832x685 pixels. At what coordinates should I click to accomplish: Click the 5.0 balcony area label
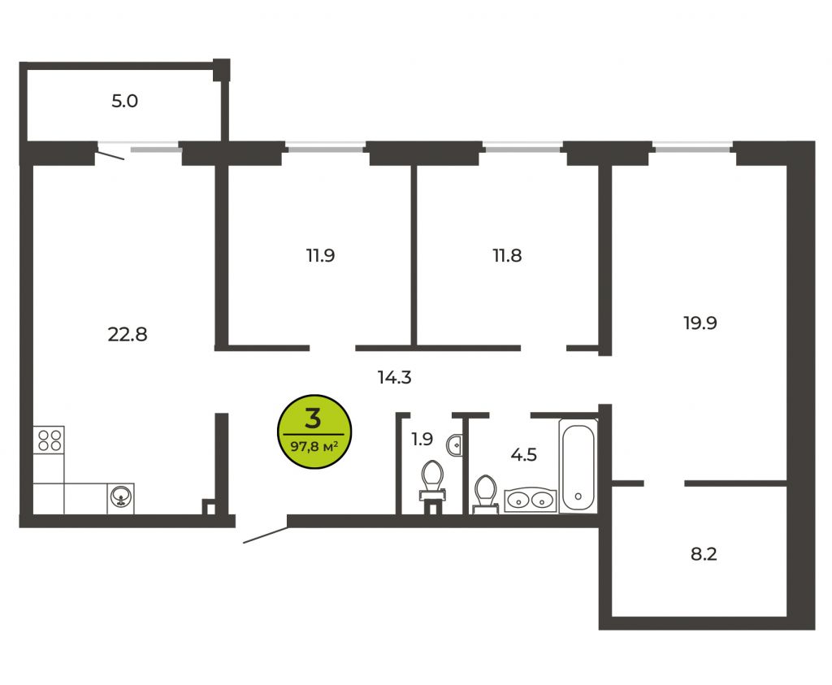[x=124, y=101]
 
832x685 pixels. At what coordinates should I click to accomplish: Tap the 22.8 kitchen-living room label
[x=128, y=334]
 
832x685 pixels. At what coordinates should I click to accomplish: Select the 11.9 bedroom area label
[x=320, y=255]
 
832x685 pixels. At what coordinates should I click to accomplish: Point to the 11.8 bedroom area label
[x=507, y=255]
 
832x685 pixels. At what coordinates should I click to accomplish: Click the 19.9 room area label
[x=700, y=323]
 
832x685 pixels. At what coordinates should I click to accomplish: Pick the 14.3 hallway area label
[x=394, y=377]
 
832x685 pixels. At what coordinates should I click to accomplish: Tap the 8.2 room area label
[x=704, y=554]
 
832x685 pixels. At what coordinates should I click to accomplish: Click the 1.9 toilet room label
[x=422, y=439]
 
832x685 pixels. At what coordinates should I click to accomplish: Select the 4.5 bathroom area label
[x=524, y=455]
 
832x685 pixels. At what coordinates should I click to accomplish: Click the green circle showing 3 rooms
[x=314, y=431]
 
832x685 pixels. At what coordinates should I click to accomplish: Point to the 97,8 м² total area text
[x=314, y=447]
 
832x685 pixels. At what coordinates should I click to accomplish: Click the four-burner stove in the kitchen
[x=49, y=440]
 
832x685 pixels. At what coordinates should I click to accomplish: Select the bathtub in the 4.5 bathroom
[x=578, y=466]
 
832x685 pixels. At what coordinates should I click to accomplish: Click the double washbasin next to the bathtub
[x=531, y=500]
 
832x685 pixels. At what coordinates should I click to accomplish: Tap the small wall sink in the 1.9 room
[x=454, y=445]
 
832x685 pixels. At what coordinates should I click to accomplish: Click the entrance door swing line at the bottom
[x=266, y=535]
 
